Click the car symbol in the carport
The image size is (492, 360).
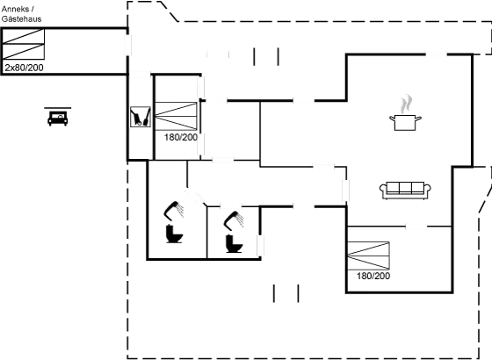58,116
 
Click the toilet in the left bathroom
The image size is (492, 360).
173,234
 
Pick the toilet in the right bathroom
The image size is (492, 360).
234,241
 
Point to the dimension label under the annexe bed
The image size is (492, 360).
24,67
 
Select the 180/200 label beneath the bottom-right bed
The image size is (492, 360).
373,276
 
